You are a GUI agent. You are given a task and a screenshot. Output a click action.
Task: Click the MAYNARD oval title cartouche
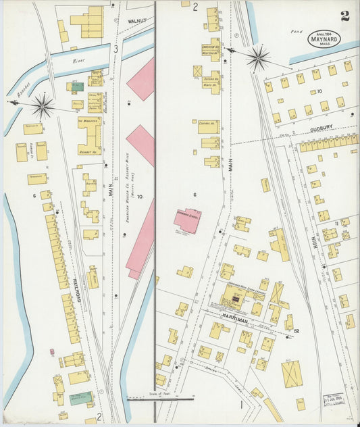pos(324,39)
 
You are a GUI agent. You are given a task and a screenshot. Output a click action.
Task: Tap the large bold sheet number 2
pos(345,16)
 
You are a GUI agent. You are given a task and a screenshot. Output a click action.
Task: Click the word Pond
pos(295,32)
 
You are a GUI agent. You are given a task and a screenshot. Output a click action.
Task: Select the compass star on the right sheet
pos(257,57)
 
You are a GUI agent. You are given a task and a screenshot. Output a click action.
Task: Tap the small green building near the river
pos(78,86)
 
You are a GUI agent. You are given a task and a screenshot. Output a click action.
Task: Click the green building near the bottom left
pos(80,398)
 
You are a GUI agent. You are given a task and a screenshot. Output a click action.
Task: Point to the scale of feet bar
pos(151,399)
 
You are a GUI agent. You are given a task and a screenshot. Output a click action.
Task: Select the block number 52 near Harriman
pos(296,330)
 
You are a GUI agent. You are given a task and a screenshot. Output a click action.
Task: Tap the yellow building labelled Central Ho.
pos(208,126)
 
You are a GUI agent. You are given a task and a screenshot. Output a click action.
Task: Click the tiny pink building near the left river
pos(52,351)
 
